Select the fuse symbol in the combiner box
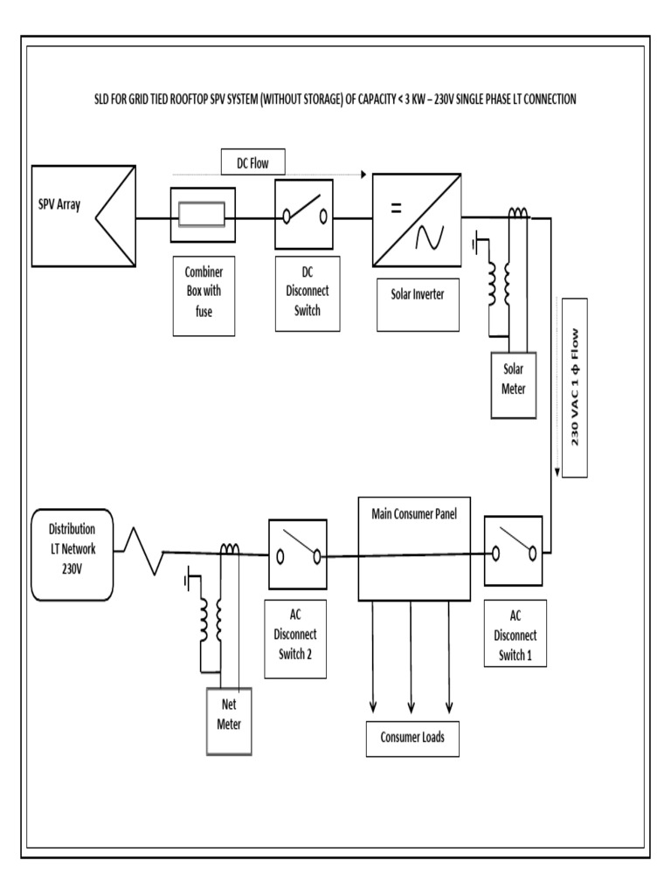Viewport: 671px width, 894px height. (203, 215)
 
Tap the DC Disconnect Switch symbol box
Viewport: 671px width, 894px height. (303, 214)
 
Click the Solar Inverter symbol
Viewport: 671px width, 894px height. (416, 218)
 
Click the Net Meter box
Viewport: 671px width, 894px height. (228, 719)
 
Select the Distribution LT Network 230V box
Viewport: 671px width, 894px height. (72, 554)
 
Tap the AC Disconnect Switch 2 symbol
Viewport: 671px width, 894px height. (298, 553)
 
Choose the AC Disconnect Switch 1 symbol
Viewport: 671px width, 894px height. (513, 550)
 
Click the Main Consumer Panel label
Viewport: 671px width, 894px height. (408, 513)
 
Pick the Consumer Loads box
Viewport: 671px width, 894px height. (412, 738)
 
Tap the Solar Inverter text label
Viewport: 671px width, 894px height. (418, 294)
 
